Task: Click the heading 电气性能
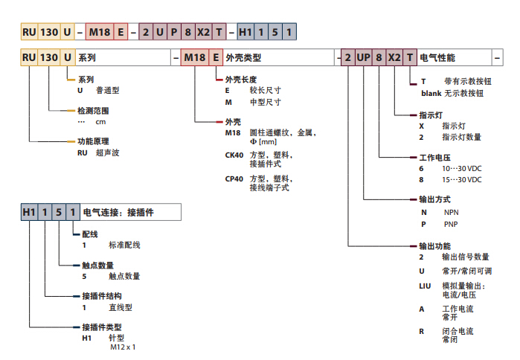(437, 57)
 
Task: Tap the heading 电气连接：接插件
(118, 213)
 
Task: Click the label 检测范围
(92, 110)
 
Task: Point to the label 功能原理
(92, 141)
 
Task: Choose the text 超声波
(108, 152)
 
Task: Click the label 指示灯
(430, 115)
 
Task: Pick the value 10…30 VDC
(462, 169)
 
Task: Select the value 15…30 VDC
(462, 180)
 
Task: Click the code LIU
(426, 286)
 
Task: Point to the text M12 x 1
(123, 347)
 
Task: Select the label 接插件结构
(101, 295)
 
